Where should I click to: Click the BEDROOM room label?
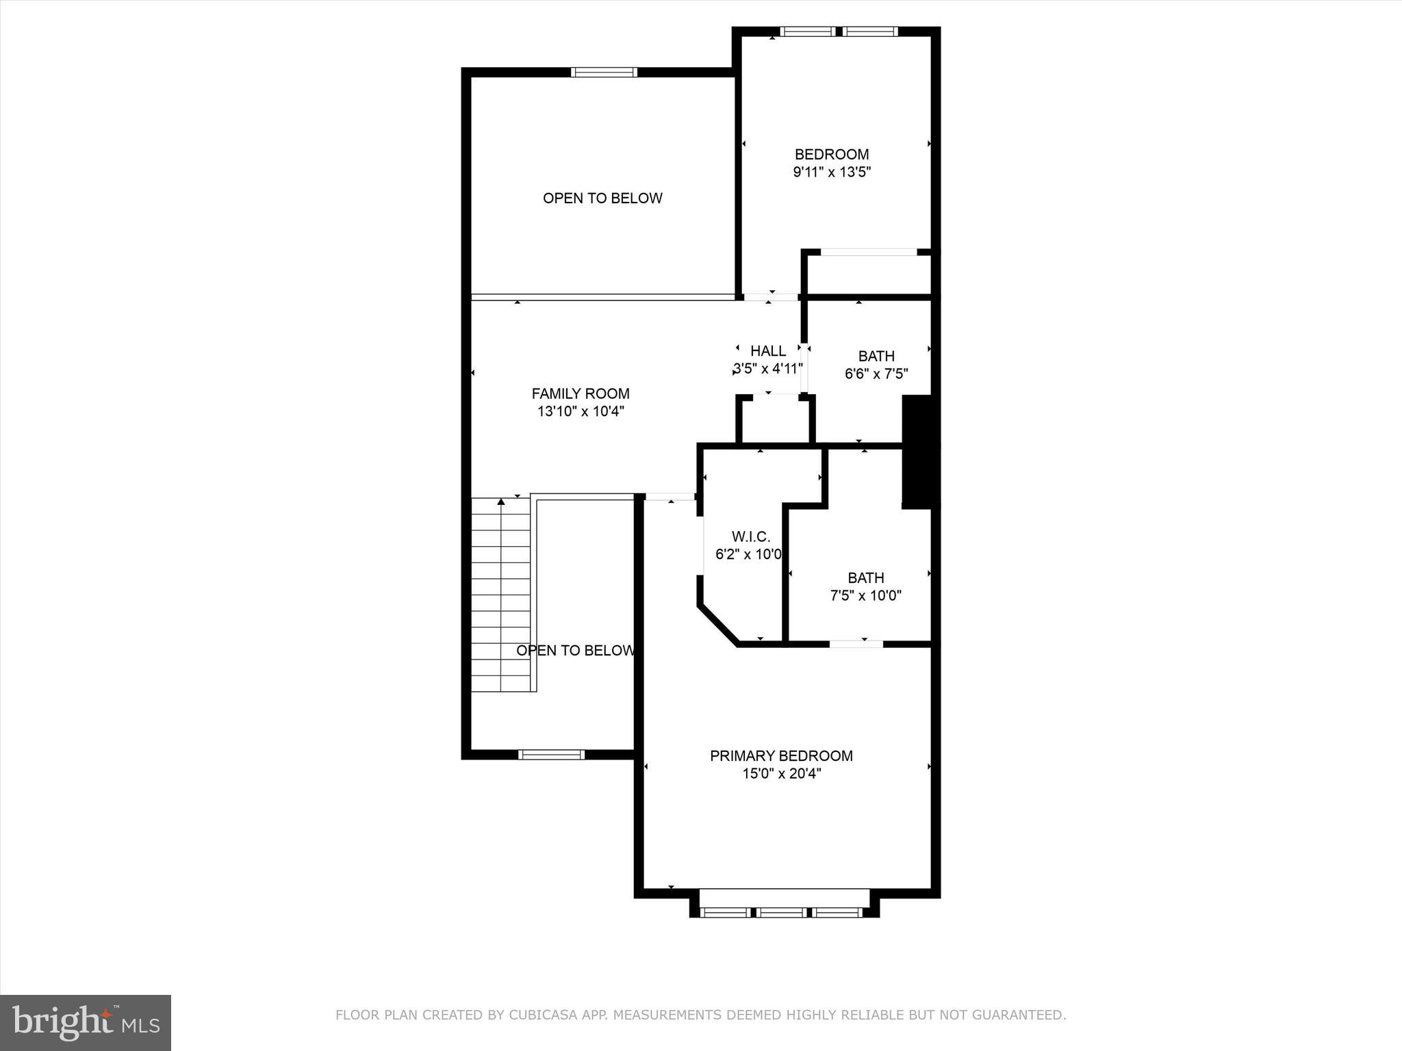click(x=831, y=155)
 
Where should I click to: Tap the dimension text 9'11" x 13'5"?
click(x=831, y=172)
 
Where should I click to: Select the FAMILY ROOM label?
click(x=581, y=393)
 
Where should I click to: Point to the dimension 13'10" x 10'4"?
click(x=581, y=411)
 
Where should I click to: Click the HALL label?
click(x=768, y=351)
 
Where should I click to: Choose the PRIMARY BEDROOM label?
click(x=781, y=755)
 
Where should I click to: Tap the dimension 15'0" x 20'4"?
click(x=781, y=774)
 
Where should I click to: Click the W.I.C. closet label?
click(x=751, y=536)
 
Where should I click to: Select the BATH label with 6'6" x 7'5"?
click(x=876, y=356)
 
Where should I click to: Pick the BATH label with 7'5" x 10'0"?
click(x=865, y=578)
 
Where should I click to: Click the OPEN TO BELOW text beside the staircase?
click(x=575, y=650)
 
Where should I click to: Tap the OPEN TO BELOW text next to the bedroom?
click(x=602, y=198)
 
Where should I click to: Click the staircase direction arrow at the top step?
click(x=501, y=502)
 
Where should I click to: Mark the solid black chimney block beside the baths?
click(x=917, y=452)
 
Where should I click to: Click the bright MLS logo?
click(x=86, y=1022)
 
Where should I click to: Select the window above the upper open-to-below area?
click(x=604, y=72)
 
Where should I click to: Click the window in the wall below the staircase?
click(x=551, y=755)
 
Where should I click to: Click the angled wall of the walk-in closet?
click(x=717, y=624)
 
